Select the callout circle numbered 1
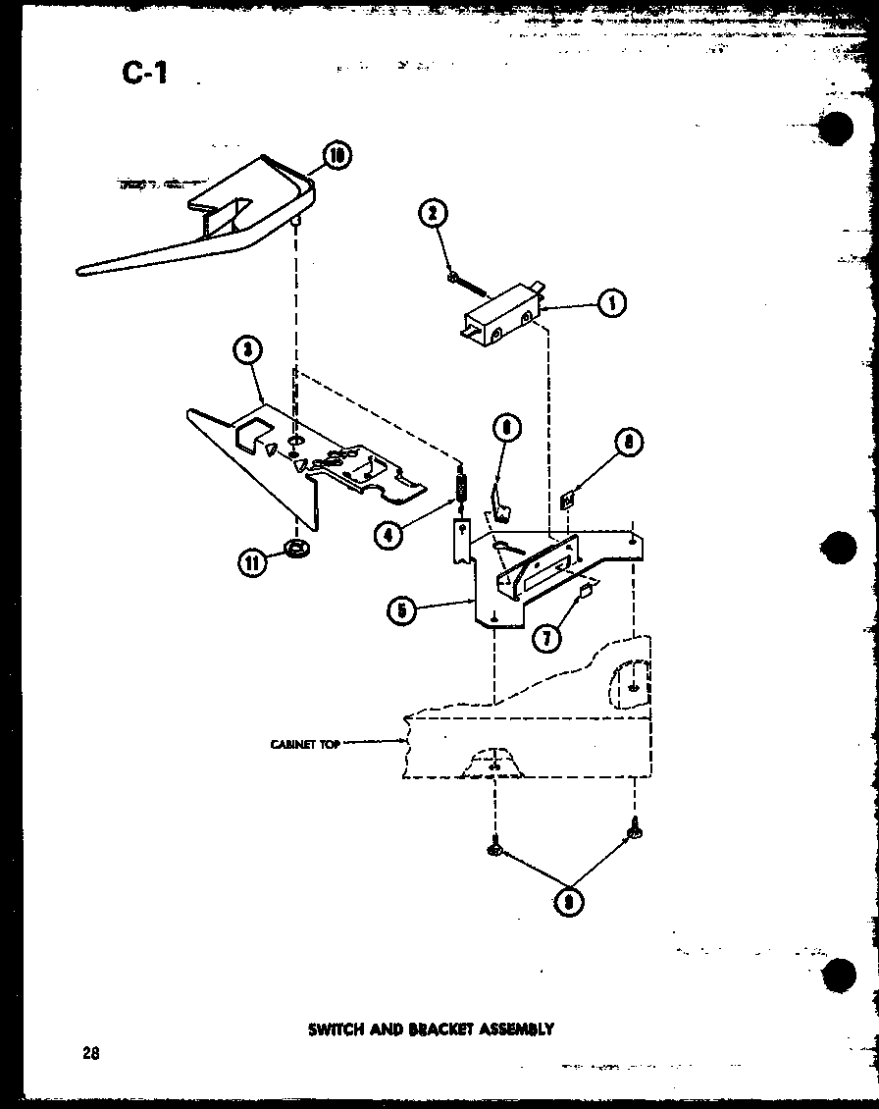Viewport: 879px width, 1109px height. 612,303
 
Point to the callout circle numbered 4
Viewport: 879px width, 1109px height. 389,535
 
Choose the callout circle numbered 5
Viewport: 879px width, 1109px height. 401,610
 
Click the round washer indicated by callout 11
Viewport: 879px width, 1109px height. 297,547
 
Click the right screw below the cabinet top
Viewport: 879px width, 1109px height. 634,830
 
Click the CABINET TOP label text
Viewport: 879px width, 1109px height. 305,744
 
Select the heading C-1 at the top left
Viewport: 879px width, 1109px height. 144,73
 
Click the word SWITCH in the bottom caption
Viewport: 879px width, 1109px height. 336,1030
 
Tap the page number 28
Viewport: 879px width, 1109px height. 90,1055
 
